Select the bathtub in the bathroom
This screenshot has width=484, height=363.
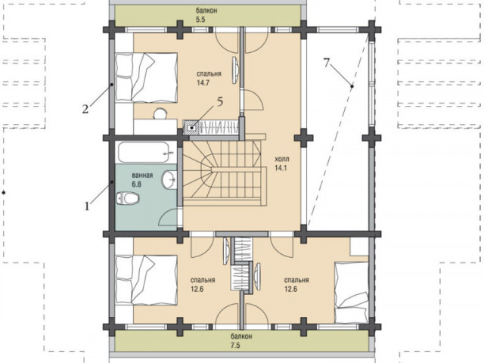click(x=144, y=152)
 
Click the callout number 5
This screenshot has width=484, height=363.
click(x=220, y=102)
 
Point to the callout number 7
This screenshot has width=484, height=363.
click(x=327, y=63)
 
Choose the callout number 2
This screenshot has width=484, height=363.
click(x=85, y=109)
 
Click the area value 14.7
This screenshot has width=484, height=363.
click(x=203, y=82)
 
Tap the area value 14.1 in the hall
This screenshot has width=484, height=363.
click(x=281, y=168)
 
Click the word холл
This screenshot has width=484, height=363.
click(x=282, y=160)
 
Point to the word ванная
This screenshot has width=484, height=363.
click(x=142, y=175)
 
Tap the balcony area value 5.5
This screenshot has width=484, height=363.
click(x=200, y=20)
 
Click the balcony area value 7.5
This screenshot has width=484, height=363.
click(x=235, y=346)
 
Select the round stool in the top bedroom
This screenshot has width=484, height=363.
click(x=160, y=113)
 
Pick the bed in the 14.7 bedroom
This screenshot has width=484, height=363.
click(x=146, y=77)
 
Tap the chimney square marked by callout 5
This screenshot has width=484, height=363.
click(x=191, y=128)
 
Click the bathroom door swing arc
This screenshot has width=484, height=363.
click(x=166, y=216)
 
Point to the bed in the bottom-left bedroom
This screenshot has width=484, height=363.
click(x=146, y=280)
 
